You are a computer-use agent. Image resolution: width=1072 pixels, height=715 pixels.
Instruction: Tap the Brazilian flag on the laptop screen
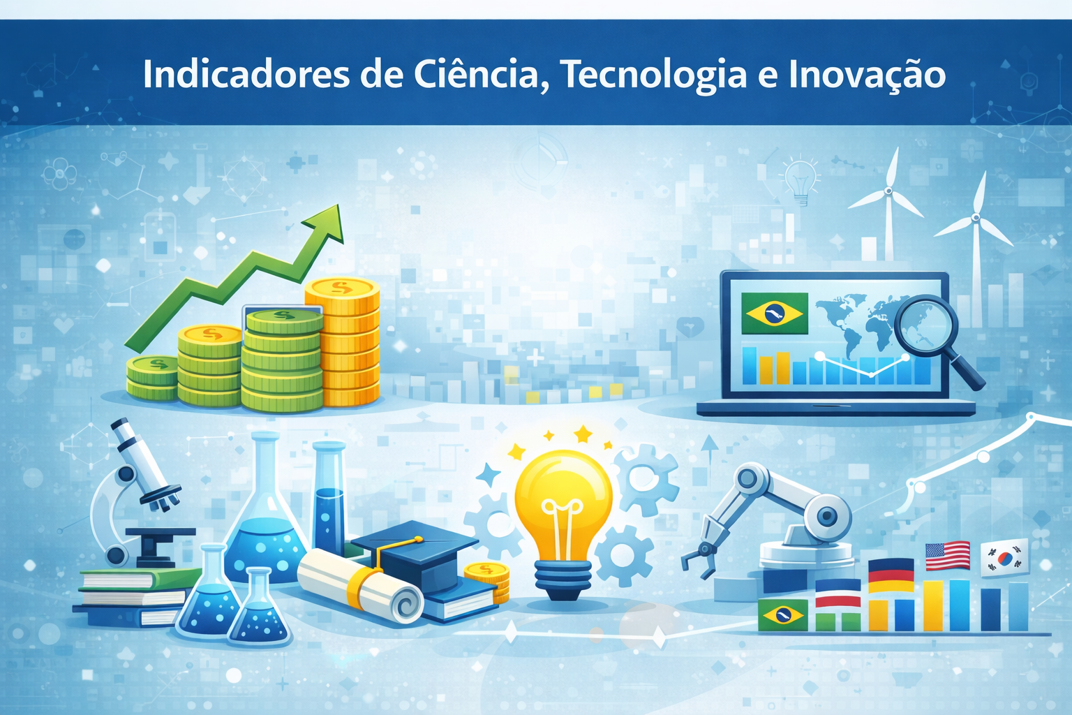coord(773,314)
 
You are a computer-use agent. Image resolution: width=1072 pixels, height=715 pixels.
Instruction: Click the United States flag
coord(947,556)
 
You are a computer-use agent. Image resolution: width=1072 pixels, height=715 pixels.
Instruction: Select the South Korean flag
coord(1004,557)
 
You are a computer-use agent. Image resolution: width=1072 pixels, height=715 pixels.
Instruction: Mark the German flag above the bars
coord(891,574)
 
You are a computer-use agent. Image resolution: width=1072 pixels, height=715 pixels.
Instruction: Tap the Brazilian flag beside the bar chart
coord(782,614)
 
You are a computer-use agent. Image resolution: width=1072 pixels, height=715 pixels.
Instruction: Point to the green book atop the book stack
coord(140,579)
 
